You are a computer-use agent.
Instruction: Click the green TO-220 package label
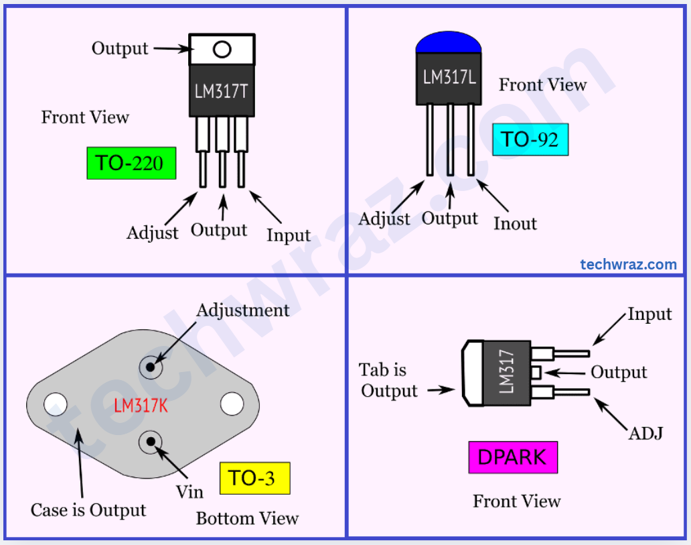(x=131, y=163)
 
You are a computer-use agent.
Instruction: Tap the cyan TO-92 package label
(x=530, y=139)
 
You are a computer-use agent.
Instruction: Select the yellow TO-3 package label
(x=254, y=479)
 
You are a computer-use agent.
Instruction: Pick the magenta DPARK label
(x=512, y=457)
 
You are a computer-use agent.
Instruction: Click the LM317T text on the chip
(x=221, y=91)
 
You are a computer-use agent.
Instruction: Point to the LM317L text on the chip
(x=449, y=77)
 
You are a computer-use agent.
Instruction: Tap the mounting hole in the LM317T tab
(x=222, y=50)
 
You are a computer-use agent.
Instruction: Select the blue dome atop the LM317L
(x=449, y=42)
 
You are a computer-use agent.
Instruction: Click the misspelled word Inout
(x=515, y=223)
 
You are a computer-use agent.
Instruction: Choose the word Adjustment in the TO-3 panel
(x=242, y=310)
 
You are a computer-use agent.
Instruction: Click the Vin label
(x=189, y=491)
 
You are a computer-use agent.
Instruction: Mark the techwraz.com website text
(x=628, y=264)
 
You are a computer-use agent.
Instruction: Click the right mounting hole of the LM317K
(x=232, y=404)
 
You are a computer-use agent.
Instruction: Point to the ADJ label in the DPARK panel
(x=645, y=433)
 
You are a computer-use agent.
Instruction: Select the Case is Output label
(x=88, y=510)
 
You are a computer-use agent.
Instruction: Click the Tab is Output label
(x=389, y=380)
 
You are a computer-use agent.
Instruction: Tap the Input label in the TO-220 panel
(x=289, y=235)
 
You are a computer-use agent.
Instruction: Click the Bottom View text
(x=247, y=518)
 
